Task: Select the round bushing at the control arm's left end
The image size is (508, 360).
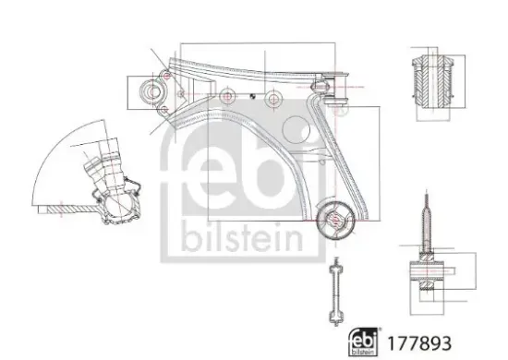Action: point(149,91)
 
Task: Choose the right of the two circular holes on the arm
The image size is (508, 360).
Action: point(272,98)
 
